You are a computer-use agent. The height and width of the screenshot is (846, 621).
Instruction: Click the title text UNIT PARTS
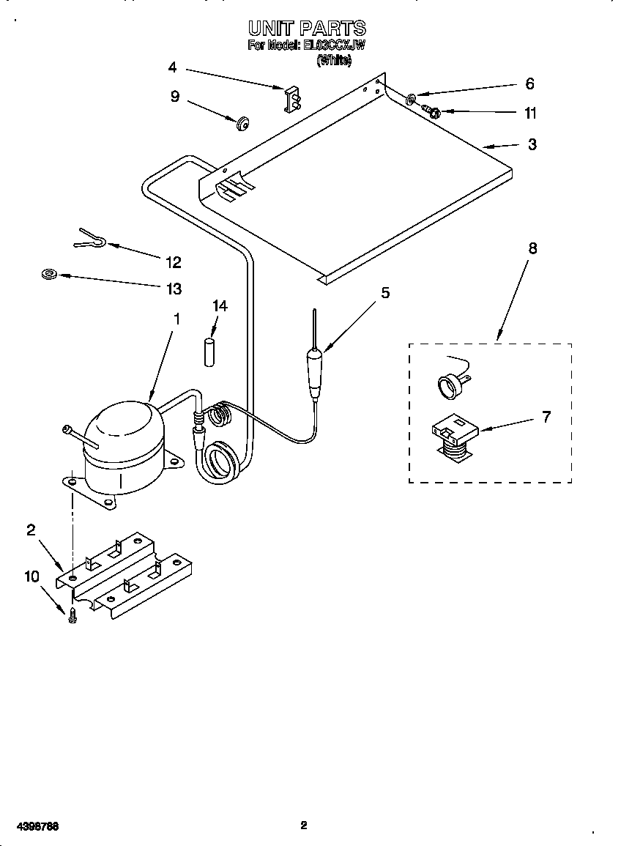306,29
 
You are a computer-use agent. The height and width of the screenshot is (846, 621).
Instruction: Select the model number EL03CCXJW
334,45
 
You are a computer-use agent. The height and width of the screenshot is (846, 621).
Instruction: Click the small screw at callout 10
72,616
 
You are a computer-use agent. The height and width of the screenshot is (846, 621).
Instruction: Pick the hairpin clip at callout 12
92,238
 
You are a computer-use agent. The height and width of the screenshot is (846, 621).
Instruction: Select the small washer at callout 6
412,96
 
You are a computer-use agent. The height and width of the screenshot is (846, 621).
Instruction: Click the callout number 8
532,248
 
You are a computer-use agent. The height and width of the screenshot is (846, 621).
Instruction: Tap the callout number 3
532,144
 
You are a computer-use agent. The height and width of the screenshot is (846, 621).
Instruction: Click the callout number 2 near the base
31,530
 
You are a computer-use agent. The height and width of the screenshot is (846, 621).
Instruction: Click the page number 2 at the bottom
303,825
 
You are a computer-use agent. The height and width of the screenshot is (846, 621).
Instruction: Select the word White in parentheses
334,62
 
